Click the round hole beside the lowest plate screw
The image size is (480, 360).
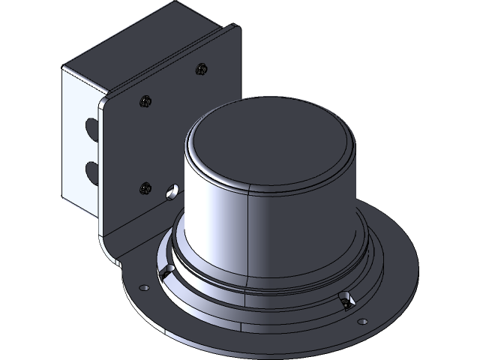pos(172,191)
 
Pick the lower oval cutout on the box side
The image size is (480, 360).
pos(91,171)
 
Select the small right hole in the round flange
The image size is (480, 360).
pos(363,321)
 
